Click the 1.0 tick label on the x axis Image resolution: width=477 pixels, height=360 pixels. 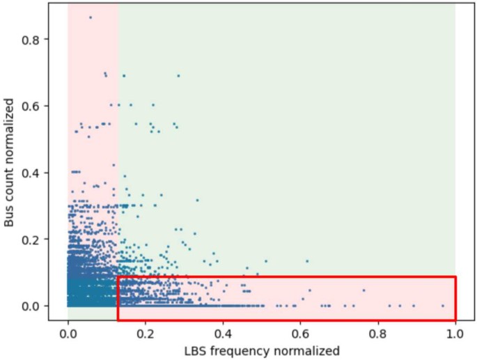[x=455, y=333]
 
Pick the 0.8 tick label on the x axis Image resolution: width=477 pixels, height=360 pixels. [x=378, y=333]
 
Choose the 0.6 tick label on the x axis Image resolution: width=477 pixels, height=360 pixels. [x=300, y=333]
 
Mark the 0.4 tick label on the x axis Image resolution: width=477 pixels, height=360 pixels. [x=223, y=333]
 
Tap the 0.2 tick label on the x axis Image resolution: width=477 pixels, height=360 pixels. [x=146, y=333]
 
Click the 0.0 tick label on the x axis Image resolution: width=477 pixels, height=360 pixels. [x=68, y=333]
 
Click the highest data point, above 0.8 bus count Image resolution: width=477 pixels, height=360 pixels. [x=91, y=17]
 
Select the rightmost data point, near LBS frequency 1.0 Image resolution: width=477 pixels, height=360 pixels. [x=443, y=306]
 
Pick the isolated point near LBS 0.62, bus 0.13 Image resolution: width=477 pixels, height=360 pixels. [x=307, y=261]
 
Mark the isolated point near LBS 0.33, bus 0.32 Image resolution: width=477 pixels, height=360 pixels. [x=197, y=200]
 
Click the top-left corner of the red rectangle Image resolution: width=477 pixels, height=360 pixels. [x=118, y=277]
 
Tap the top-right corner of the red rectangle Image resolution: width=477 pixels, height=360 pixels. [x=455, y=277]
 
